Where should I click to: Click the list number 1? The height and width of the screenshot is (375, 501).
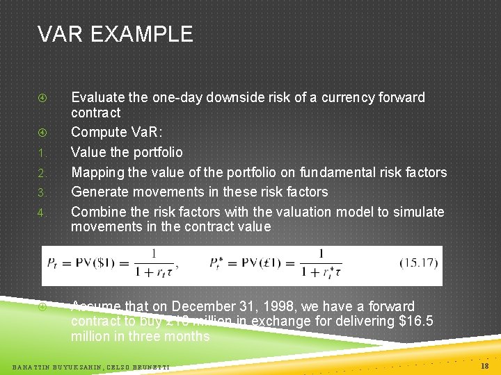pyautogui.click(x=42, y=153)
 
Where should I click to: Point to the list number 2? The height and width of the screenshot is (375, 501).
pyautogui.click(x=42, y=172)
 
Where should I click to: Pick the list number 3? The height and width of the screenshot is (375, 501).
pyautogui.click(x=42, y=192)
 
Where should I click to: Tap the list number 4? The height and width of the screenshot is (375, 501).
pyautogui.click(x=42, y=212)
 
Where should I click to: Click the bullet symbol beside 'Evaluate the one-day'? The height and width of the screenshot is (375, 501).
pyautogui.click(x=42, y=98)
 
